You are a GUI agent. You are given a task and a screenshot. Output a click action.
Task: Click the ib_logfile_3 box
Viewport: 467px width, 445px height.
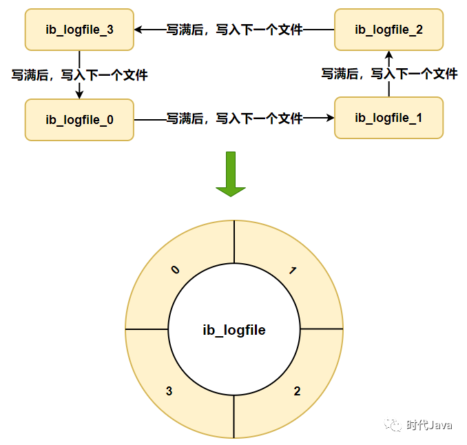[79, 30]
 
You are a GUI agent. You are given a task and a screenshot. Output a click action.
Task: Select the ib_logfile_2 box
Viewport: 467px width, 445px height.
[388, 30]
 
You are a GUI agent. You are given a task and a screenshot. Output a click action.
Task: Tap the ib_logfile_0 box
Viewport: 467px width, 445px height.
[79, 119]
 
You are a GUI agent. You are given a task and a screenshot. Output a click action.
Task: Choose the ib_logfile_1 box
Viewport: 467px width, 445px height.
[388, 118]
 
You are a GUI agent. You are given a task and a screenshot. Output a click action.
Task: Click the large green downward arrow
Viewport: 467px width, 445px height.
[231, 174]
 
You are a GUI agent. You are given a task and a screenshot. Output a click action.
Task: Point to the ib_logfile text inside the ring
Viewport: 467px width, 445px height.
[234, 331]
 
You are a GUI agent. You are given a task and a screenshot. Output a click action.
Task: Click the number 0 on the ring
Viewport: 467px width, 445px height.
[175, 270]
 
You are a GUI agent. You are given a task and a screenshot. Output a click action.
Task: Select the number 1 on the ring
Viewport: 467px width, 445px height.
[293, 271]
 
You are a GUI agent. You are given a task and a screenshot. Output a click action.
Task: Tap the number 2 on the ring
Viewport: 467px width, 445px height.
[297, 391]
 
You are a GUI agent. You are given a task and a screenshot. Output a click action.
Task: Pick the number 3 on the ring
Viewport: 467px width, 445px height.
[169, 391]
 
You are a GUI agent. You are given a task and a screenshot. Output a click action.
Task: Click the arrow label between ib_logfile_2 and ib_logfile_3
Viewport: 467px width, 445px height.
[234, 30]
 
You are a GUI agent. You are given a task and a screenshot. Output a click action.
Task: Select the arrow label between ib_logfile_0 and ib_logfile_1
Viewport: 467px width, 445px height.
[234, 118]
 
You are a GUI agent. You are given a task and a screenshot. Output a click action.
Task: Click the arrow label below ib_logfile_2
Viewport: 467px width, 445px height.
[389, 74]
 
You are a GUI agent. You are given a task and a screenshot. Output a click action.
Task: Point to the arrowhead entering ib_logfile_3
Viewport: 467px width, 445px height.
[138, 30]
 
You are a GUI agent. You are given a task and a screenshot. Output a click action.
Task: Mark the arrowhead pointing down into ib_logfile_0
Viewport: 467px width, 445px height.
[79, 94]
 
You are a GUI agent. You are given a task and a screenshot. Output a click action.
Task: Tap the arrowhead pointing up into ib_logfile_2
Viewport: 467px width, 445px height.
[388, 54]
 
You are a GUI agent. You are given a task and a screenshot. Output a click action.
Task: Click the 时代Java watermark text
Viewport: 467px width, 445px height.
[429, 425]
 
